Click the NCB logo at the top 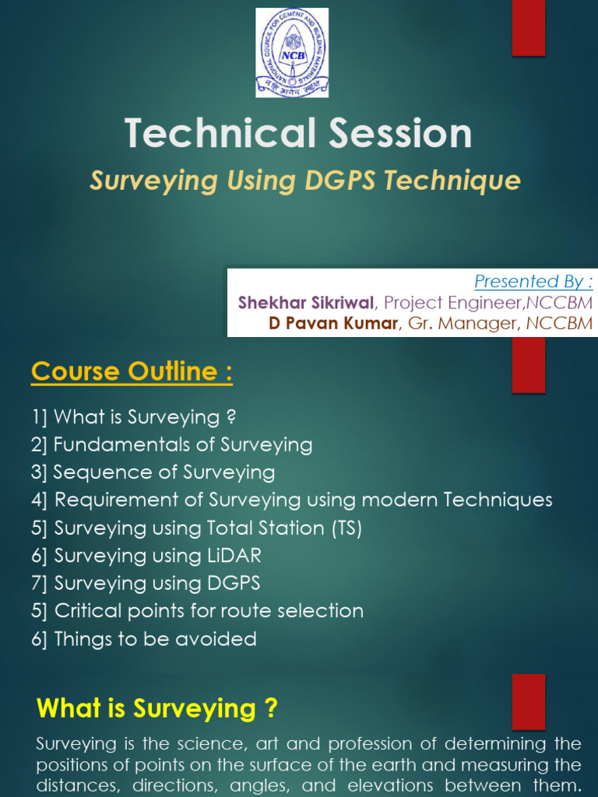coord(292,52)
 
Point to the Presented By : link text coord(533,281)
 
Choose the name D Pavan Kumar coord(333,323)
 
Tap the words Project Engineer coord(443,302)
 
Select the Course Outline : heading coord(132,372)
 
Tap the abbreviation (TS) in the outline coord(346,528)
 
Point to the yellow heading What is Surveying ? coord(157,708)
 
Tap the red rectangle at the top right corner coord(528,28)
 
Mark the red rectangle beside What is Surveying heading coord(528,701)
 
